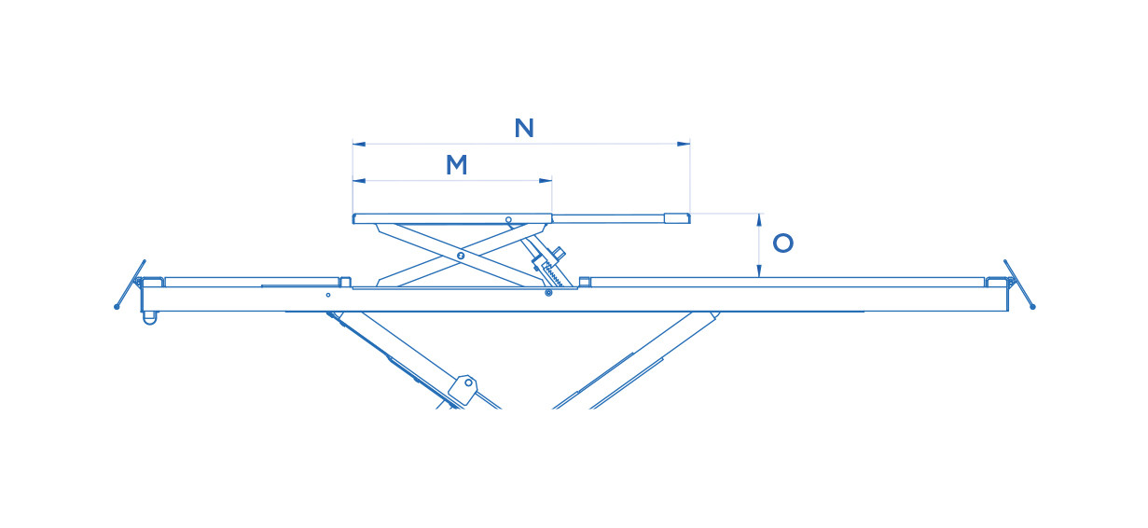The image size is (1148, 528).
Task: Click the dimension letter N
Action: click(x=524, y=128)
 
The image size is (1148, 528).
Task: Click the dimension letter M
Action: click(x=456, y=165)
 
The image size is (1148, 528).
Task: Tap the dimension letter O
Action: click(x=782, y=243)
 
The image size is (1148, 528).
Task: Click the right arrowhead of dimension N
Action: click(x=684, y=144)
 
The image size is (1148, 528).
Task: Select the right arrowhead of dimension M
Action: click(x=546, y=180)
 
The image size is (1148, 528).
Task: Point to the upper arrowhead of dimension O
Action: click(x=759, y=220)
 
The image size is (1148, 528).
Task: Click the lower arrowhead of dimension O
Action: click(x=759, y=271)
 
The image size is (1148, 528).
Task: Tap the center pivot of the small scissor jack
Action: click(x=460, y=255)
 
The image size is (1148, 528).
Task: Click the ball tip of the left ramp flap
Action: click(x=117, y=307)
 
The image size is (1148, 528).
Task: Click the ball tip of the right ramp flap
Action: click(x=1032, y=307)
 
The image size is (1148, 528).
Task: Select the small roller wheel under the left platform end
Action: click(x=149, y=318)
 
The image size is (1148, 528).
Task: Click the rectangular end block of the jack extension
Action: click(x=677, y=218)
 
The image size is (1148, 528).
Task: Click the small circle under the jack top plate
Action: click(x=508, y=220)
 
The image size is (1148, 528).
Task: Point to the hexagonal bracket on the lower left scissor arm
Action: click(x=463, y=391)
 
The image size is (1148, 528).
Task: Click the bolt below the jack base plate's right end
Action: click(x=548, y=293)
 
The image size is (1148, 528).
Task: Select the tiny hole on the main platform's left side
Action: click(x=328, y=295)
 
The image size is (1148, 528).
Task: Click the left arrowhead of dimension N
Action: click(x=359, y=144)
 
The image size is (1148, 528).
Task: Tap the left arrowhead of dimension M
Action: click(x=359, y=180)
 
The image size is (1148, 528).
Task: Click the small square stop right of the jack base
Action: click(x=584, y=282)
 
